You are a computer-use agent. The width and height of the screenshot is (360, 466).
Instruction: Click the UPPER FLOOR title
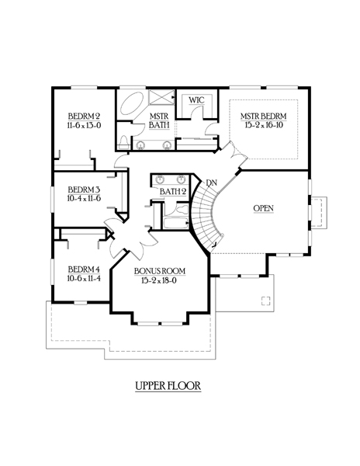coord(168,386)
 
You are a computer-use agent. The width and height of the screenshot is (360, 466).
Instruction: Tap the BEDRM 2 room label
coord(84,116)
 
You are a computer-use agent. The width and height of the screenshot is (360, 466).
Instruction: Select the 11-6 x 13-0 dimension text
coord(84,125)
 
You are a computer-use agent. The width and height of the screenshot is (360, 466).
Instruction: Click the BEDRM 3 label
coord(84,190)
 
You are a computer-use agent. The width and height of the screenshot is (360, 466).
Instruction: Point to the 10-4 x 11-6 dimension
coord(84,198)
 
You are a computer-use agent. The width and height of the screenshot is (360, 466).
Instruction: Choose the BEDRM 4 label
coord(84,270)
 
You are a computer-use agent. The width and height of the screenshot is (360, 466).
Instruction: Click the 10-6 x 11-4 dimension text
coord(84,279)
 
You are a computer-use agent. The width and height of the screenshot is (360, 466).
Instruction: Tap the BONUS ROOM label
coord(160,271)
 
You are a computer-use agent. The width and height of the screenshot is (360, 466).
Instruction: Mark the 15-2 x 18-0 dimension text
coord(159,280)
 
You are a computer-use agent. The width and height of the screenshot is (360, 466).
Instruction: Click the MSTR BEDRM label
coord(264,116)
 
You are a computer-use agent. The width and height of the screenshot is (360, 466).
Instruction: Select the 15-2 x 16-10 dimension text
coord(264,125)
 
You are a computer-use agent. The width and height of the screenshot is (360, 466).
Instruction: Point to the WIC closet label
coord(196,100)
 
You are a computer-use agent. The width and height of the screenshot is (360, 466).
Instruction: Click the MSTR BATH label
coord(159,120)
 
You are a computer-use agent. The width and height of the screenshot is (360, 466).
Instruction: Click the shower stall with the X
coord(161,97)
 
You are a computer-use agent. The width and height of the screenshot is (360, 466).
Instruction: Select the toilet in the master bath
coord(123,142)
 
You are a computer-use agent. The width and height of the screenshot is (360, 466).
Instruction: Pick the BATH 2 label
coord(173,192)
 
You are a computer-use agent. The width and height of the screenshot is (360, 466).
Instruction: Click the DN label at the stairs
coord(211,183)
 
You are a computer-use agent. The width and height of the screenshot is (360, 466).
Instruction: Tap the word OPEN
coord(264,208)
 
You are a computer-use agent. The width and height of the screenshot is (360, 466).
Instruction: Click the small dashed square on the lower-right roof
coord(266,301)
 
